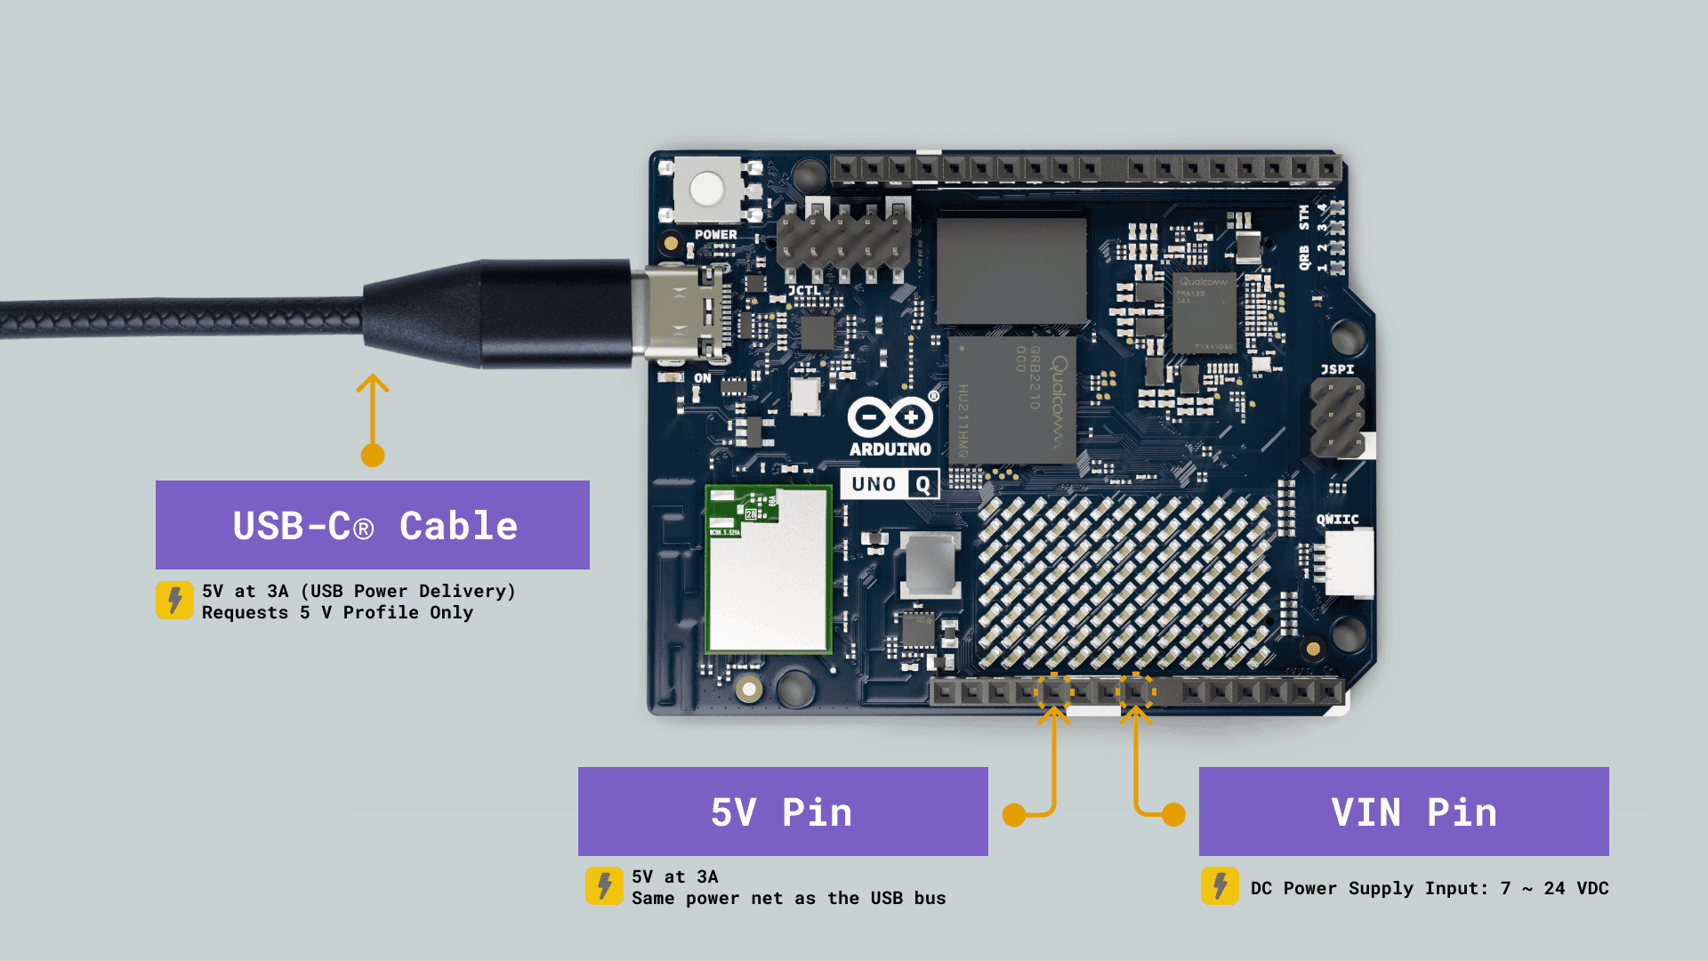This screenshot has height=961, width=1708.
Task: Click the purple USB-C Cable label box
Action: tap(372, 525)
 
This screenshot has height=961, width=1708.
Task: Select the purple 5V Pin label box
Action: tap(783, 812)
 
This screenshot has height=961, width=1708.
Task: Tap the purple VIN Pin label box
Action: tap(1404, 812)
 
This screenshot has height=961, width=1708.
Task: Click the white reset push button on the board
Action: tap(707, 189)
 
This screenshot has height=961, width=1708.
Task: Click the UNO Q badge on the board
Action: tap(890, 484)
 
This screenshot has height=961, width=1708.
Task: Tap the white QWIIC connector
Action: tap(1349, 561)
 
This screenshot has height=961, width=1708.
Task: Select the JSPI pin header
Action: tap(1337, 417)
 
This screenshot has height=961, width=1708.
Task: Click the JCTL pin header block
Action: tap(842, 240)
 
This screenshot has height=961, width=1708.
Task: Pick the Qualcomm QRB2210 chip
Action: tap(1012, 400)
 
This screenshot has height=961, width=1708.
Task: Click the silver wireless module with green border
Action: tap(769, 569)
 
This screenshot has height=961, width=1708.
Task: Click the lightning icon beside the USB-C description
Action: tap(174, 601)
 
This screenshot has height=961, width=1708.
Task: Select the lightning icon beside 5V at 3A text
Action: tap(604, 886)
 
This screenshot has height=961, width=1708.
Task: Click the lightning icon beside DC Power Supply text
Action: tap(1220, 886)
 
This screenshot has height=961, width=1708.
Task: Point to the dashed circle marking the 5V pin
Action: tap(1054, 690)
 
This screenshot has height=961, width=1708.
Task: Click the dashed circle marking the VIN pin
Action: tap(1136, 690)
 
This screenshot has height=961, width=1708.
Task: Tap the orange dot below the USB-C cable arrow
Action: tap(373, 456)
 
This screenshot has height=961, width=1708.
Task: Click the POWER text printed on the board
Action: tap(716, 235)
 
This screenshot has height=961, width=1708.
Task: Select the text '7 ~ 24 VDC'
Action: tap(1554, 888)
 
